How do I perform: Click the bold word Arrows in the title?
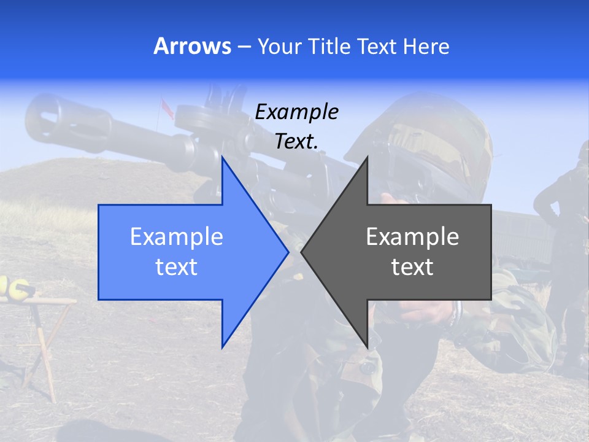192,47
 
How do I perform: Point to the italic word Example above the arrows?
296,112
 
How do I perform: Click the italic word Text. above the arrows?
296,142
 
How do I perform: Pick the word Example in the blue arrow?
177,237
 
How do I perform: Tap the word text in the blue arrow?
177,267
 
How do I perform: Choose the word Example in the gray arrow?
412,237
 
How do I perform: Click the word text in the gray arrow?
412,267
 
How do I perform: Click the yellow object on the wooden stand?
15,289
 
